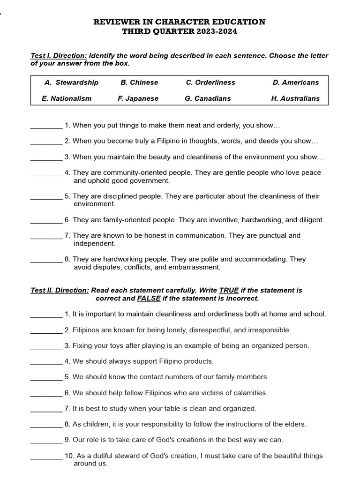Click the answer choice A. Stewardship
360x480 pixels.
click(71, 82)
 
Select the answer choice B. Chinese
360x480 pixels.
click(139, 82)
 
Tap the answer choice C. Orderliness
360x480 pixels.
click(210, 82)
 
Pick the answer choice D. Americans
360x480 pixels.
click(295, 82)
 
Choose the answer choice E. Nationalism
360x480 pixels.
click(67, 98)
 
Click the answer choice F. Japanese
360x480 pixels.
click(138, 98)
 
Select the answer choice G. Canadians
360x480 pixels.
click(208, 98)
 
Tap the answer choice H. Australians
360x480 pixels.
click(295, 98)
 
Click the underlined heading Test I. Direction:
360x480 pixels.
click(59, 56)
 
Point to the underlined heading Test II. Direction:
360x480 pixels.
click(60, 291)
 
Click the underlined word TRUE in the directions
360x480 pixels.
click(229, 291)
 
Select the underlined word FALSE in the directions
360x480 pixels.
click(149, 299)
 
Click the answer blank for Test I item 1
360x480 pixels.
click(46, 126)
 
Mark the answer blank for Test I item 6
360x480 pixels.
click(46, 220)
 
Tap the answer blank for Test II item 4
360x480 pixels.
click(46, 361)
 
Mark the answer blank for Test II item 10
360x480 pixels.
click(46, 456)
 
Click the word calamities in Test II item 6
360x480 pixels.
click(250, 393)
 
